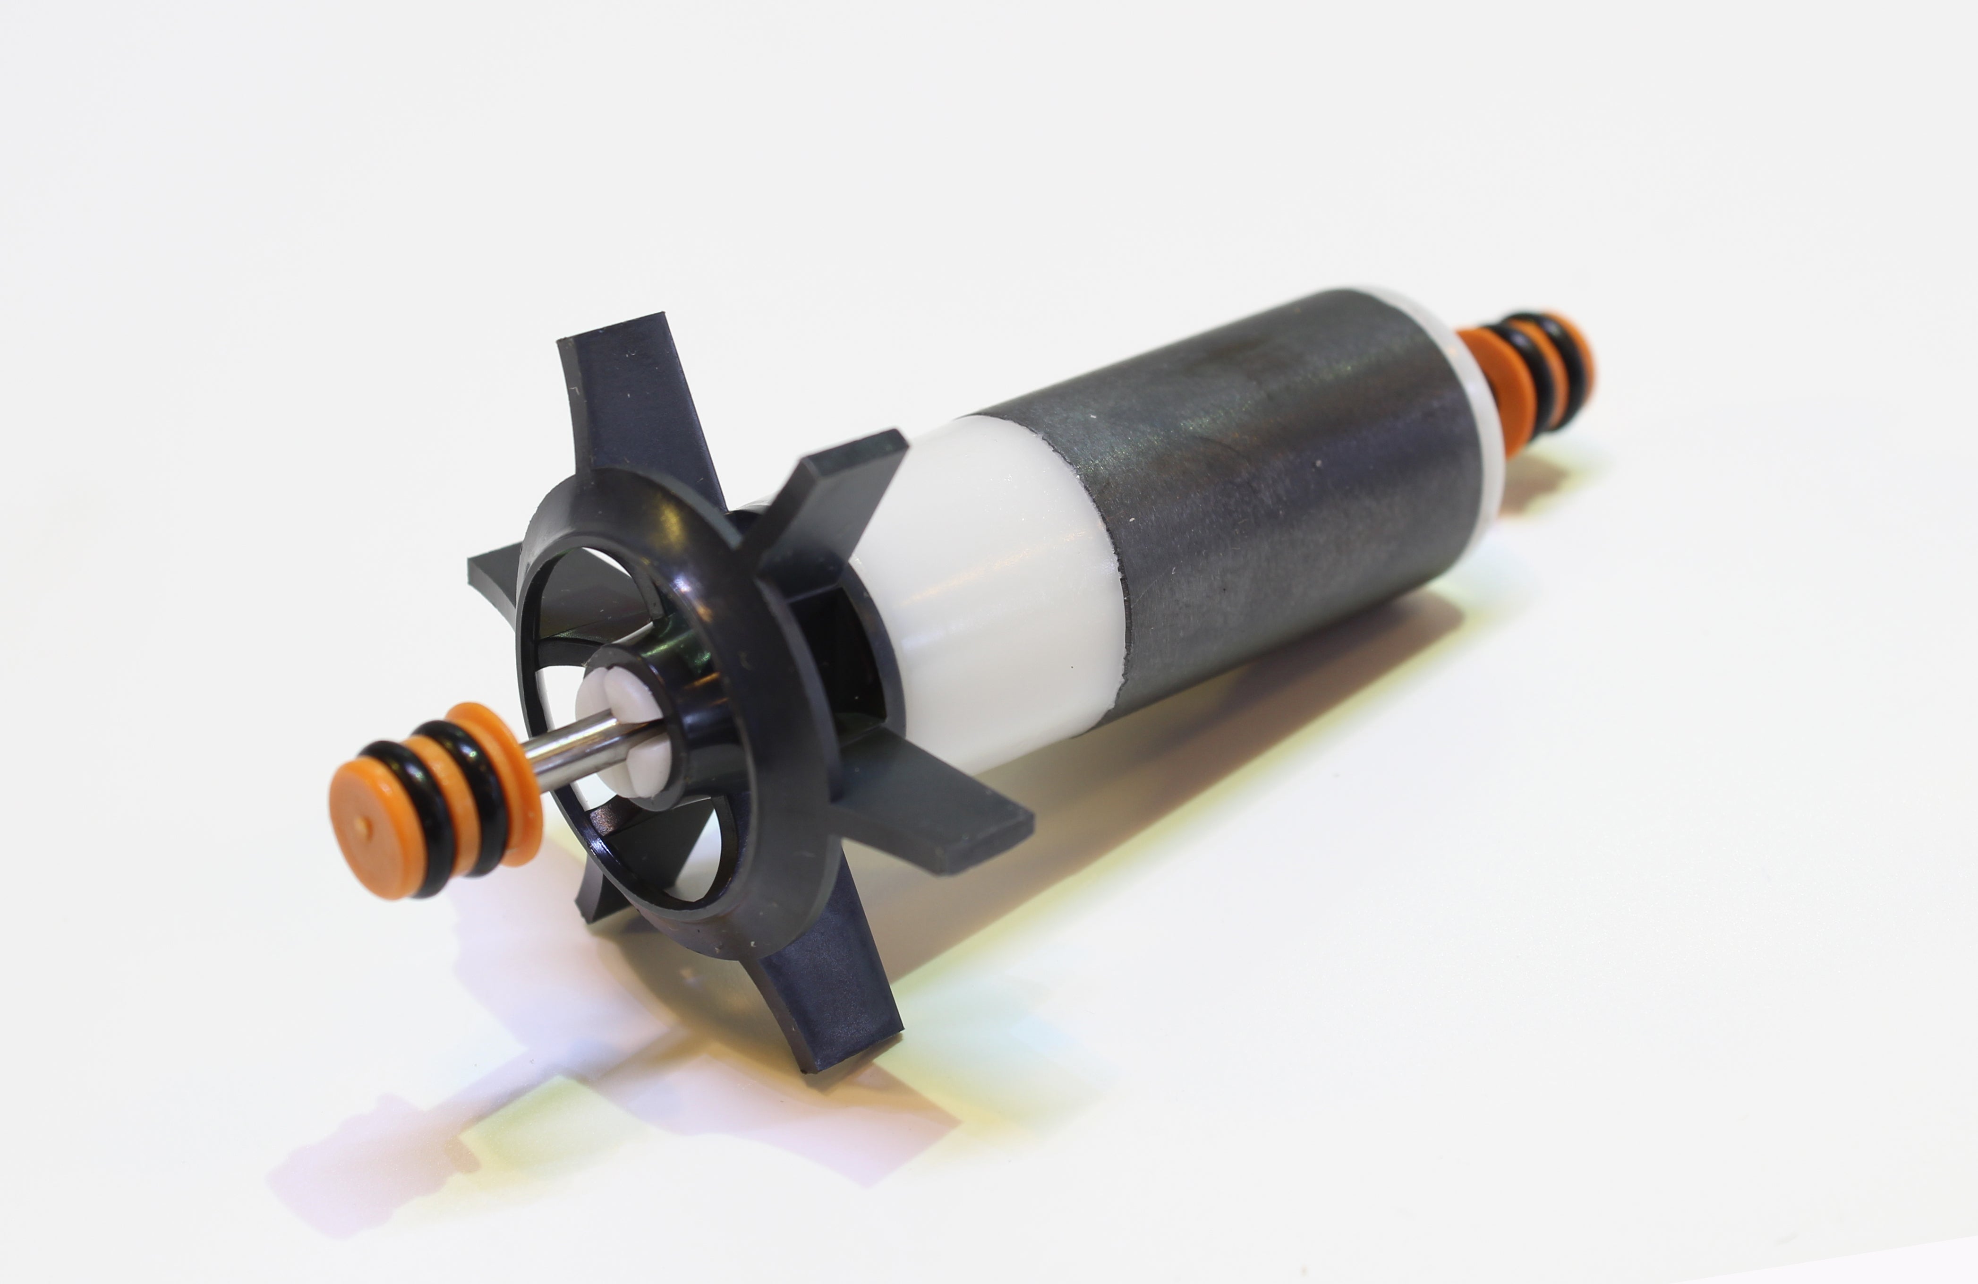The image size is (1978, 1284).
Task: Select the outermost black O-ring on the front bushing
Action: (x=416, y=798)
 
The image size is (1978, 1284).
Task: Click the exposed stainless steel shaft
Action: (x=582, y=744)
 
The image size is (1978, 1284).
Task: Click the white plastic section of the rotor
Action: (x=998, y=582)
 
